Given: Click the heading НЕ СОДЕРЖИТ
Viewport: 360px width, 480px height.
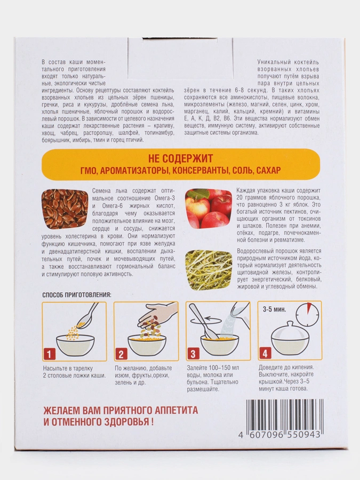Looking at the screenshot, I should point(182,158).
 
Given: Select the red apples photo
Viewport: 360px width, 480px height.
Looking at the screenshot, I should point(208,208).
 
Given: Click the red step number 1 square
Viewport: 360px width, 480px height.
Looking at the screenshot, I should point(49,354).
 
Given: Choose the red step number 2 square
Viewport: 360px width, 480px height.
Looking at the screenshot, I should point(121,354).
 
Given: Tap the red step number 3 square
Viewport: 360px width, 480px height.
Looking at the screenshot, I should point(193,354).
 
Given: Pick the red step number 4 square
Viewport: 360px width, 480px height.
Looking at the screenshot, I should point(265,354).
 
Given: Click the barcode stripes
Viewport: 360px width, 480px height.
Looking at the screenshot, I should point(282,413).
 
